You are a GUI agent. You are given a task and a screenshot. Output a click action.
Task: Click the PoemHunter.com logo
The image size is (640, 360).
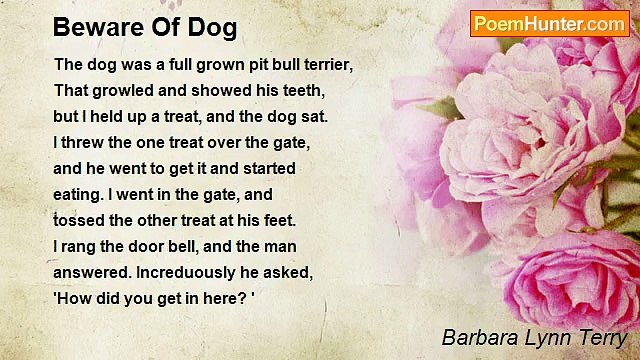pos(549,23)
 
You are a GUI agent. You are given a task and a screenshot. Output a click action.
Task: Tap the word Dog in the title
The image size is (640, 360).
pos(214,27)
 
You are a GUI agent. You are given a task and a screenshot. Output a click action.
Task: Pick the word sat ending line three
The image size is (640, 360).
pos(315,116)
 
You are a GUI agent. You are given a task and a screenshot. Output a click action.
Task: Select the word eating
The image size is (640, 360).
pos(78,194)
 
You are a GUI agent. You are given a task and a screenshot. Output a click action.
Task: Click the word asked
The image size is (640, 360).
pos(319,272)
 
